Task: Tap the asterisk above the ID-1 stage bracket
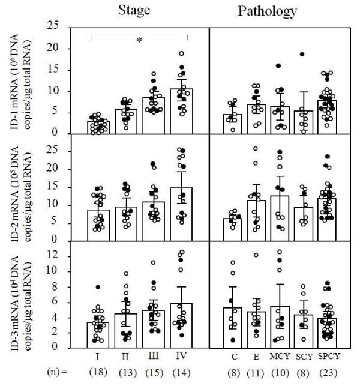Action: pos(139,40)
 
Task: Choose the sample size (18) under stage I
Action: pos(97,372)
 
